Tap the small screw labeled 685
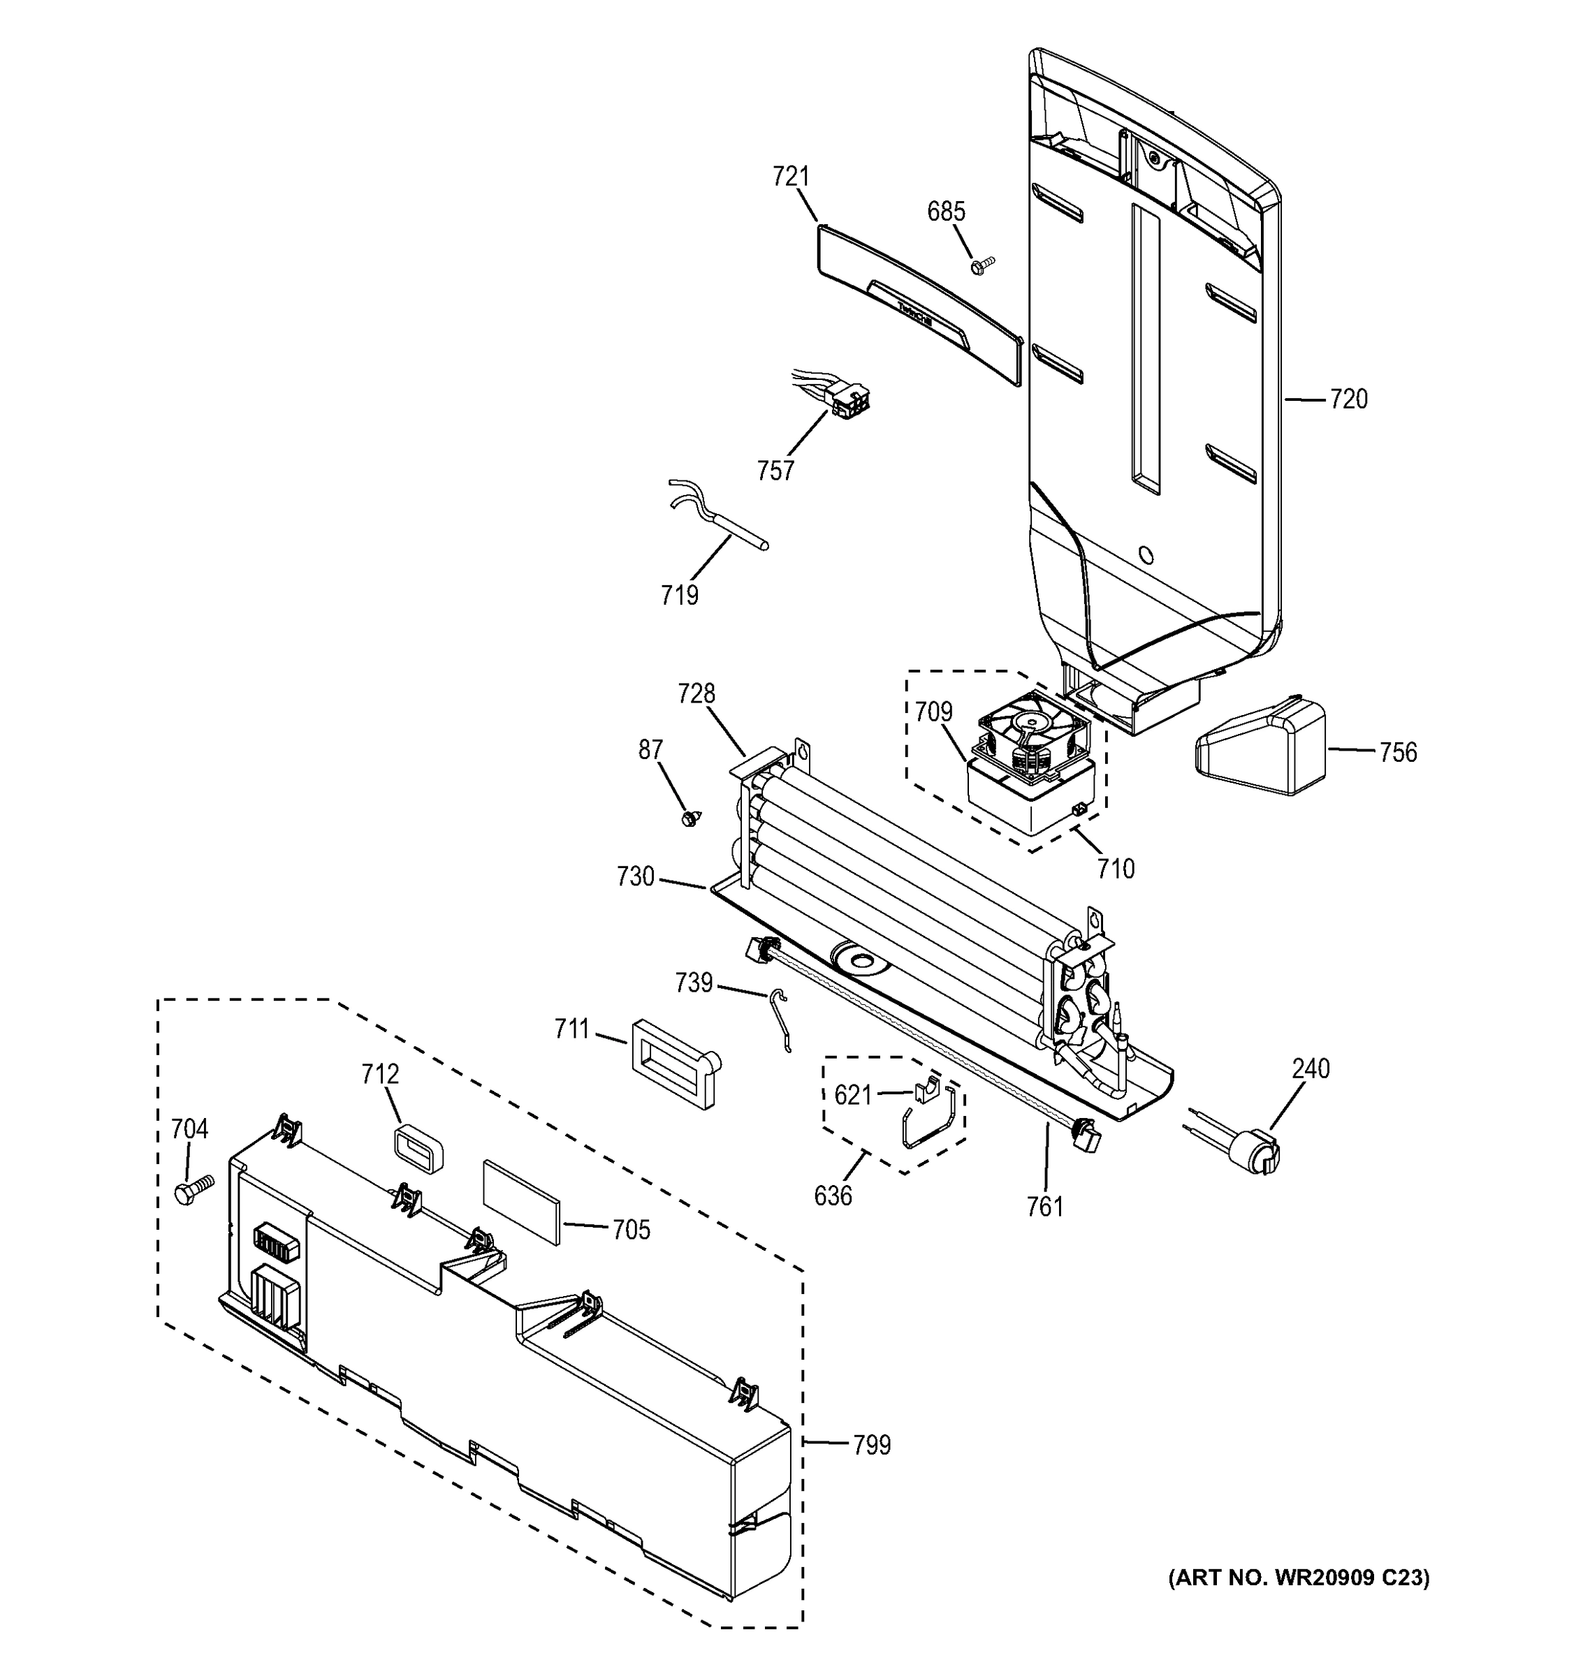click(x=982, y=265)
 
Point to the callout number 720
click(x=1348, y=399)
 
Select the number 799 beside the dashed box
click(x=871, y=1445)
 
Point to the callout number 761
click(x=1045, y=1207)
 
